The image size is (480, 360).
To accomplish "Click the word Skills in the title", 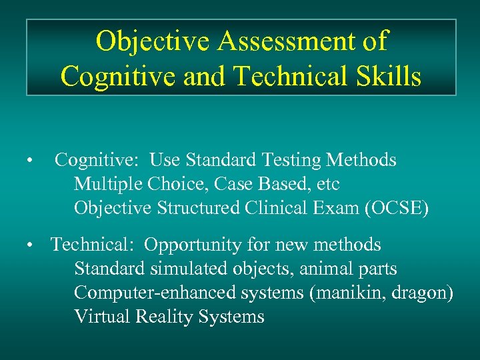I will [385, 77].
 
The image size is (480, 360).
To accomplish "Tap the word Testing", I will [291, 161].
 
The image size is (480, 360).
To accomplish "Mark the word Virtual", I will [99, 317].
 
